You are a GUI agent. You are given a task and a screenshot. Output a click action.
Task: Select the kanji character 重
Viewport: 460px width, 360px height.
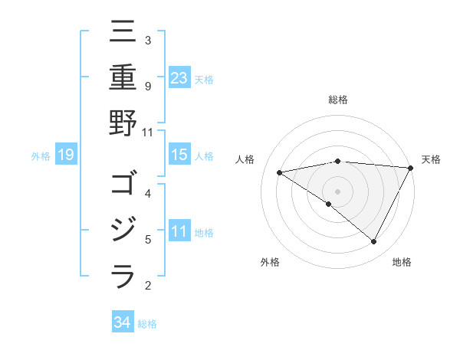[x=123, y=80]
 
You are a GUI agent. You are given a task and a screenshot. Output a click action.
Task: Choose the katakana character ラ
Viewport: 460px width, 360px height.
[x=123, y=275]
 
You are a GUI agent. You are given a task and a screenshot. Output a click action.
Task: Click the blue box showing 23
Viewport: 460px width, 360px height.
[x=179, y=78]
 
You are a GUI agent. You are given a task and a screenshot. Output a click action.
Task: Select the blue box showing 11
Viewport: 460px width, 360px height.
[x=179, y=232]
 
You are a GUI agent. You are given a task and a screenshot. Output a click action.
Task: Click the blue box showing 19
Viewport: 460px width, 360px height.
[x=66, y=155]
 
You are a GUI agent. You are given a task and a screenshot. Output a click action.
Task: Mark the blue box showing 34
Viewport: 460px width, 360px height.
[x=123, y=322]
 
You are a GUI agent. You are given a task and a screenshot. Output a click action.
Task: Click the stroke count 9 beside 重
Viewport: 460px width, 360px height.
[x=147, y=86]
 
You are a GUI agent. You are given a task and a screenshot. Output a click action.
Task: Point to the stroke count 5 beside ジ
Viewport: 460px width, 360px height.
[x=147, y=240]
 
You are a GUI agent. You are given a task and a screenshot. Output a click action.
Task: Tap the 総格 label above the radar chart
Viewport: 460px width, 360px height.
[x=338, y=100]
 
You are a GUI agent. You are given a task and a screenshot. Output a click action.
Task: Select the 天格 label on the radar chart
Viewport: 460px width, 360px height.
[x=431, y=159]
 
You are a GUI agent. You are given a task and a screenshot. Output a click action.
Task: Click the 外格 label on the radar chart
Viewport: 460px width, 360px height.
[x=270, y=263]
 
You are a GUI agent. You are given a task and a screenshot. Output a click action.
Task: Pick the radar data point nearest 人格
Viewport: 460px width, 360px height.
[x=280, y=172]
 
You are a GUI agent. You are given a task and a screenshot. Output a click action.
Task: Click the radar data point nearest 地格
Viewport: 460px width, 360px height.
[x=374, y=242]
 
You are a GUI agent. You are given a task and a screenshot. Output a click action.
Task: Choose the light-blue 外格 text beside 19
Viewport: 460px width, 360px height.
[x=41, y=156]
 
